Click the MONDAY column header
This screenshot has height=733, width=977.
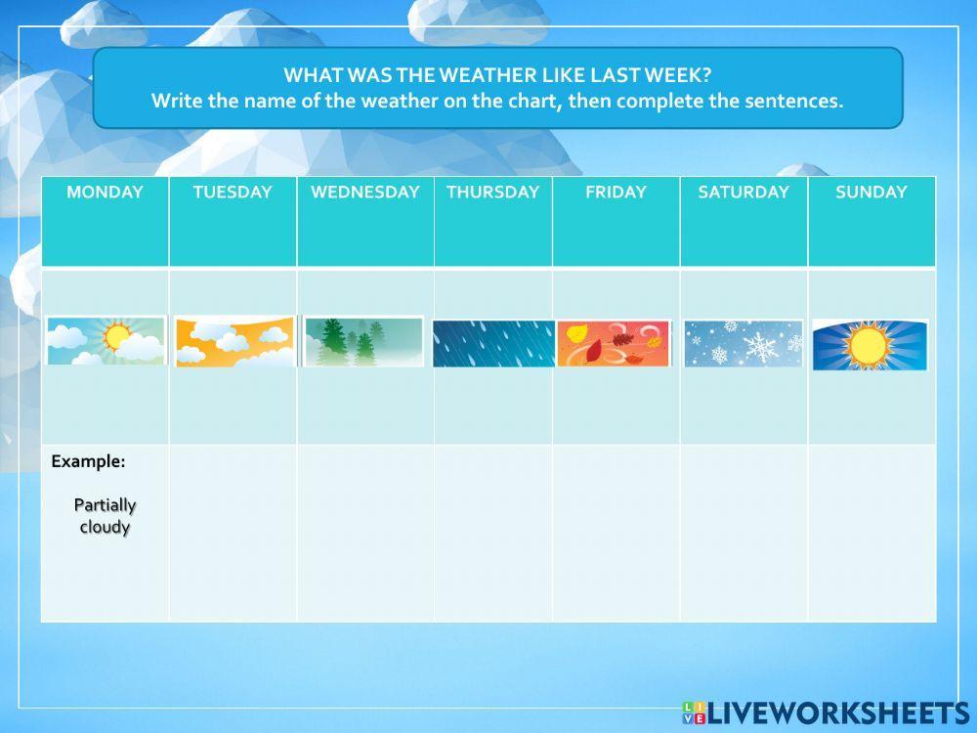(105, 193)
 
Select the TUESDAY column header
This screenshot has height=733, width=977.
(233, 193)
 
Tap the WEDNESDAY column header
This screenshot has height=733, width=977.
(365, 193)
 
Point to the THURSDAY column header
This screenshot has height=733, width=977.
(492, 193)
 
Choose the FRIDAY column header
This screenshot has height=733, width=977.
(616, 193)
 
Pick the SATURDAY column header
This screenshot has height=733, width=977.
(743, 193)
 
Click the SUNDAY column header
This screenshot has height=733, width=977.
(871, 193)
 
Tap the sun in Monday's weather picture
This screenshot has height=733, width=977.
(117, 337)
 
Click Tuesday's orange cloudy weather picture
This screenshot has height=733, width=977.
(234, 341)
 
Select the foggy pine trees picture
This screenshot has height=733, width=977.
(363, 342)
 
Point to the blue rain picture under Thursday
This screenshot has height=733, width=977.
(493, 344)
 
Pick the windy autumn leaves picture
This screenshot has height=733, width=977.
(615, 343)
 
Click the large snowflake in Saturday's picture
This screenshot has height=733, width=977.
(760, 346)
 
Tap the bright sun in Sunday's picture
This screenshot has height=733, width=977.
(867, 345)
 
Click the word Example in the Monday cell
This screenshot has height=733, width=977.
(88, 461)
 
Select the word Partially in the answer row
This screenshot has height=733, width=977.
(105, 505)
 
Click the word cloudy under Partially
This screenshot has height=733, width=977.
(105, 528)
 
